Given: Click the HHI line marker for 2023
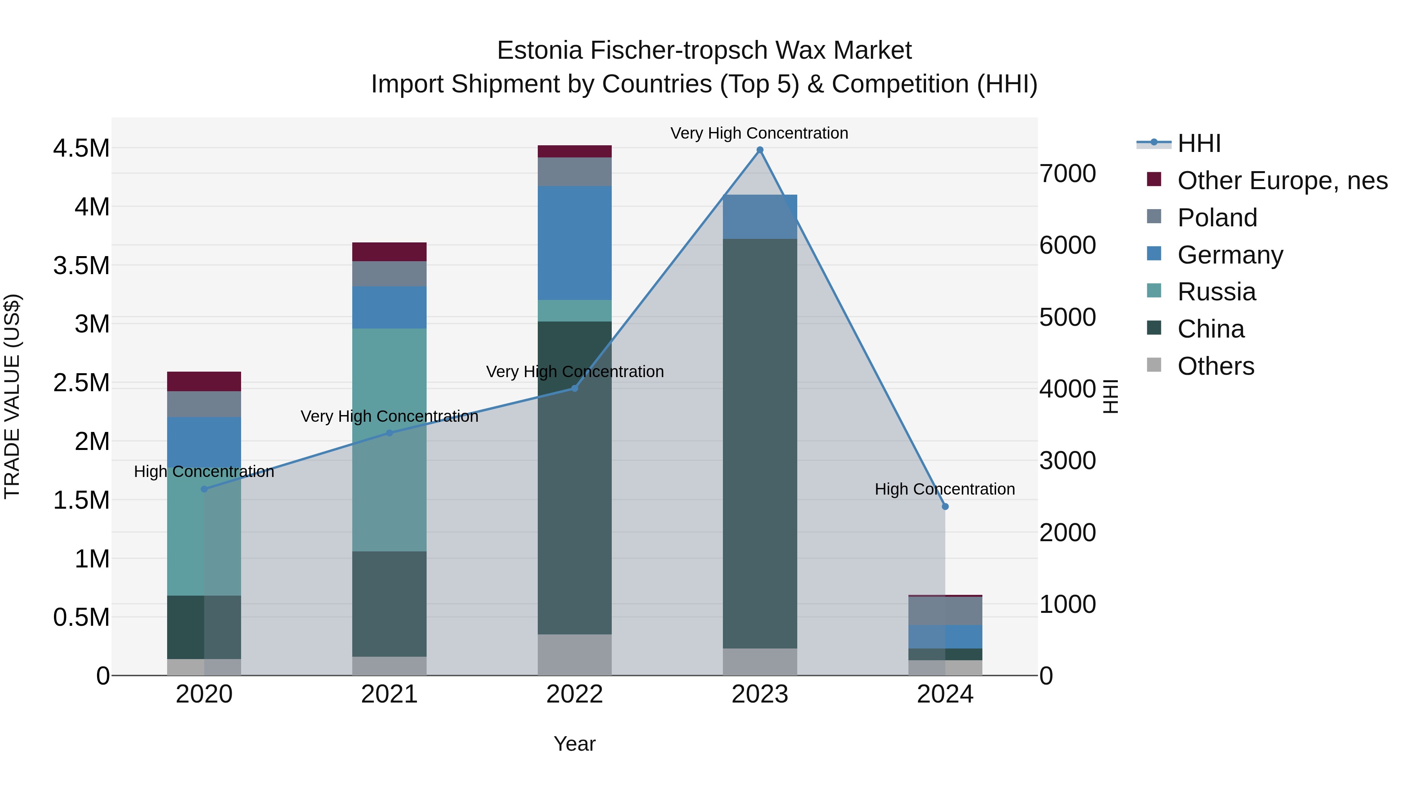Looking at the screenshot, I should (760, 150).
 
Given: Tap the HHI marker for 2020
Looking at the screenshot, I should (204, 489).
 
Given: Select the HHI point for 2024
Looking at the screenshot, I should (945, 506).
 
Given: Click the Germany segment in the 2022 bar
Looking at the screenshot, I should (574, 242).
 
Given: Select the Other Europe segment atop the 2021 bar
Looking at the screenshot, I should (389, 252).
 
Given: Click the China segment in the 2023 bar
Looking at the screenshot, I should (760, 443).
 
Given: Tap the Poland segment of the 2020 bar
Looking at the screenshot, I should (204, 404).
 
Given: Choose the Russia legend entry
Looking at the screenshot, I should (1216, 292).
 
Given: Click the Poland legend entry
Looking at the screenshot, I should (1216, 218).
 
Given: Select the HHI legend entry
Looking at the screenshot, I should (1198, 143).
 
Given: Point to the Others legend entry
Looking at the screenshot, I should (1215, 366).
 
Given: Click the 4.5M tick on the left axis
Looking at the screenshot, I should (81, 148).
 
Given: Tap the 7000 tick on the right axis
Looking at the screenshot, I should (1068, 173).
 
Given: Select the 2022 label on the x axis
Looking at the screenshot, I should (574, 694).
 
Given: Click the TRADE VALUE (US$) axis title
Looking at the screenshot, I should (12, 396).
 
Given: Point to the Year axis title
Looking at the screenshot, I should (574, 744).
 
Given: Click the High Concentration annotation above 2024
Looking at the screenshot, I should (945, 489).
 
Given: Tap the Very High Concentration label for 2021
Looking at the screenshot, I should (389, 417).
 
